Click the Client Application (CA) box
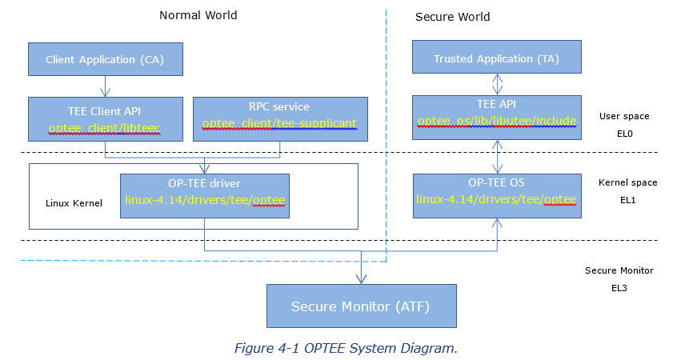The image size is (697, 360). click(x=105, y=59)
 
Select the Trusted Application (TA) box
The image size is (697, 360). click(x=496, y=58)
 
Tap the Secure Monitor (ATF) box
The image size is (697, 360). click(x=361, y=306)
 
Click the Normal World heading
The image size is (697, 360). click(x=198, y=15)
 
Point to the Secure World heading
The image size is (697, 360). click(x=452, y=17)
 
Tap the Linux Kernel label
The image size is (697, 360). click(x=74, y=203)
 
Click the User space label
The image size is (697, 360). click(x=624, y=116)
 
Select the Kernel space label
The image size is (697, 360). click(x=627, y=182)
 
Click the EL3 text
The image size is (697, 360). click(x=619, y=287)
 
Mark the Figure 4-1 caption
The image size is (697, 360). click(x=345, y=348)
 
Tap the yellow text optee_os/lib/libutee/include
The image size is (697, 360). click(x=496, y=122)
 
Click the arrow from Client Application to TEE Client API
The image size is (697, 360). click(x=105, y=86)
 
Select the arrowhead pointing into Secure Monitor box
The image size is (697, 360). click(x=361, y=279)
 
